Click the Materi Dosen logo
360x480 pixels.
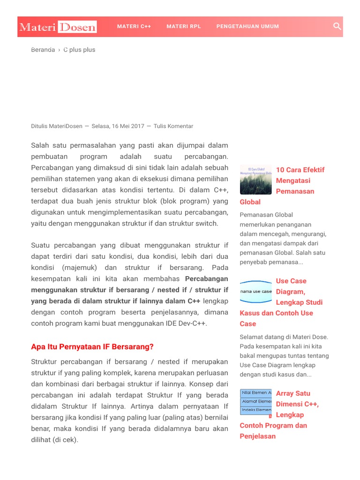58,27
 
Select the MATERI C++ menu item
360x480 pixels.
134,27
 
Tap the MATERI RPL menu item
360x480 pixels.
184,27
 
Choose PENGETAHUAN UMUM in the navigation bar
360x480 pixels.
247,27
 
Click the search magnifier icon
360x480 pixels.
337,26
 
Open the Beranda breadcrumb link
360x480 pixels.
43,50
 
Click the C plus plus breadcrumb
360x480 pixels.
79,50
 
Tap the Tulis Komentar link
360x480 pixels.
173,126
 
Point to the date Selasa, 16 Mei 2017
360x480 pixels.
118,126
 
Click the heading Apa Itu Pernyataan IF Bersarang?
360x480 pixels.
92,347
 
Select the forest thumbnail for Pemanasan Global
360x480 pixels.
255,180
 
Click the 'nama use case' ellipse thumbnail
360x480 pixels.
255,291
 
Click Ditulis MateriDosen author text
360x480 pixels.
56,126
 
